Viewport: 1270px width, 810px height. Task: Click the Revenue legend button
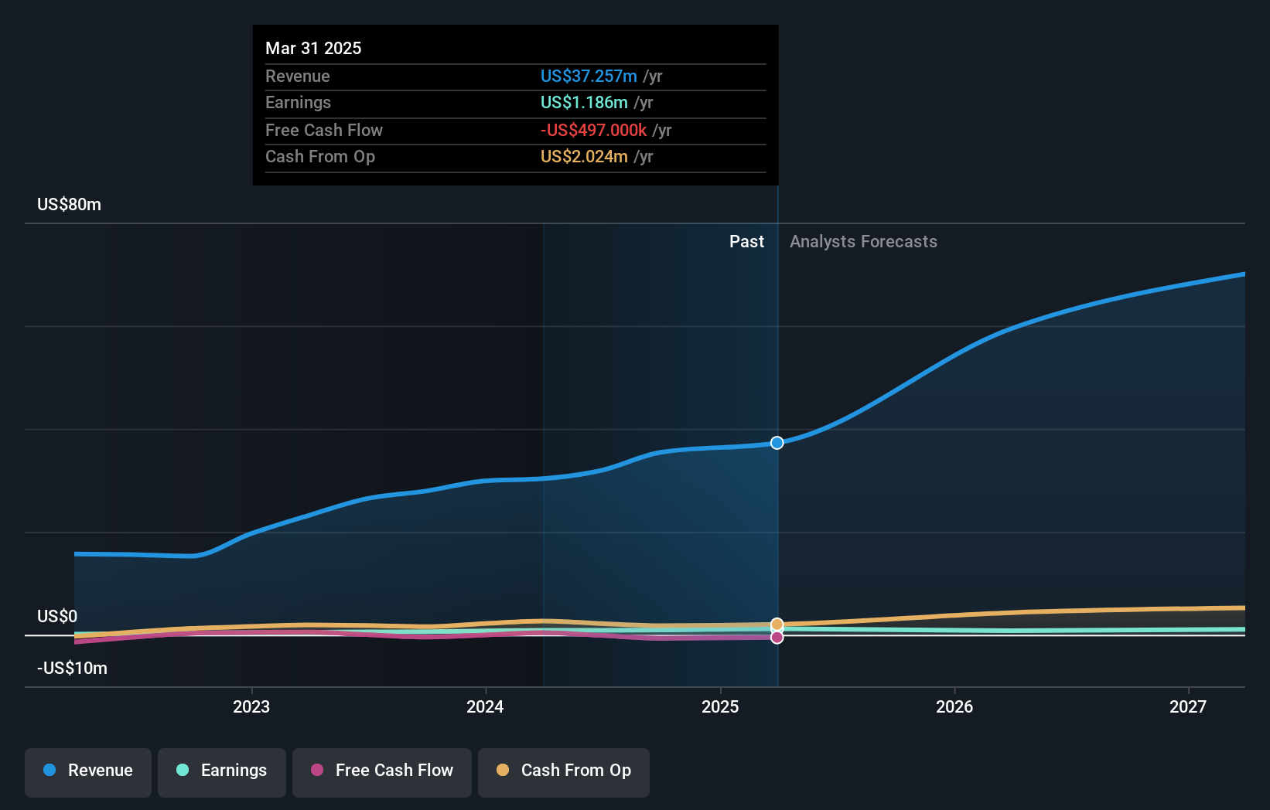point(88,771)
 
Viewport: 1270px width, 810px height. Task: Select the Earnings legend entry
point(222,771)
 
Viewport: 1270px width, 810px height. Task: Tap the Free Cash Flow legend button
point(382,771)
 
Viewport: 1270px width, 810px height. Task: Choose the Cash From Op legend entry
point(564,771)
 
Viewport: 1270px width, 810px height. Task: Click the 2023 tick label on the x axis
point(251,706)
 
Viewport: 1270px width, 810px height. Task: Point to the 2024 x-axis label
point(485,706)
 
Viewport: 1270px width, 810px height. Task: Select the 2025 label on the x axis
point(720,706)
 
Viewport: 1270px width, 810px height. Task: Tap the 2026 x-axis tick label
point(954,706)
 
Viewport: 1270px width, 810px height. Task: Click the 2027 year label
point(1188,706)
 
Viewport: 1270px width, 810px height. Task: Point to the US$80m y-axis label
point(69,205)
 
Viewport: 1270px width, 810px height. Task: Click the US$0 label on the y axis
point(57,617)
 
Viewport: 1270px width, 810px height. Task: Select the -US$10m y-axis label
point(72,669)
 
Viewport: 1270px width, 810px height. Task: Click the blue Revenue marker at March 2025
point(777,443)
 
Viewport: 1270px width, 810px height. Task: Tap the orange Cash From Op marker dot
point(777,625)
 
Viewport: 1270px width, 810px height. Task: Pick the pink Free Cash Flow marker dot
point(777,638)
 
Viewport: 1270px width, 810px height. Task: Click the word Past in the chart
point(746,242)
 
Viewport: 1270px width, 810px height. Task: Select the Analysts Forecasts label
point(863,242)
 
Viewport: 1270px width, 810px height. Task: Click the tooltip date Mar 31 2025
point(313,48)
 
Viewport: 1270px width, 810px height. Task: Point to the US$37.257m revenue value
point(589,76)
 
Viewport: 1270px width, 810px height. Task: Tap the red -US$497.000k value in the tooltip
point(593,130)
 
